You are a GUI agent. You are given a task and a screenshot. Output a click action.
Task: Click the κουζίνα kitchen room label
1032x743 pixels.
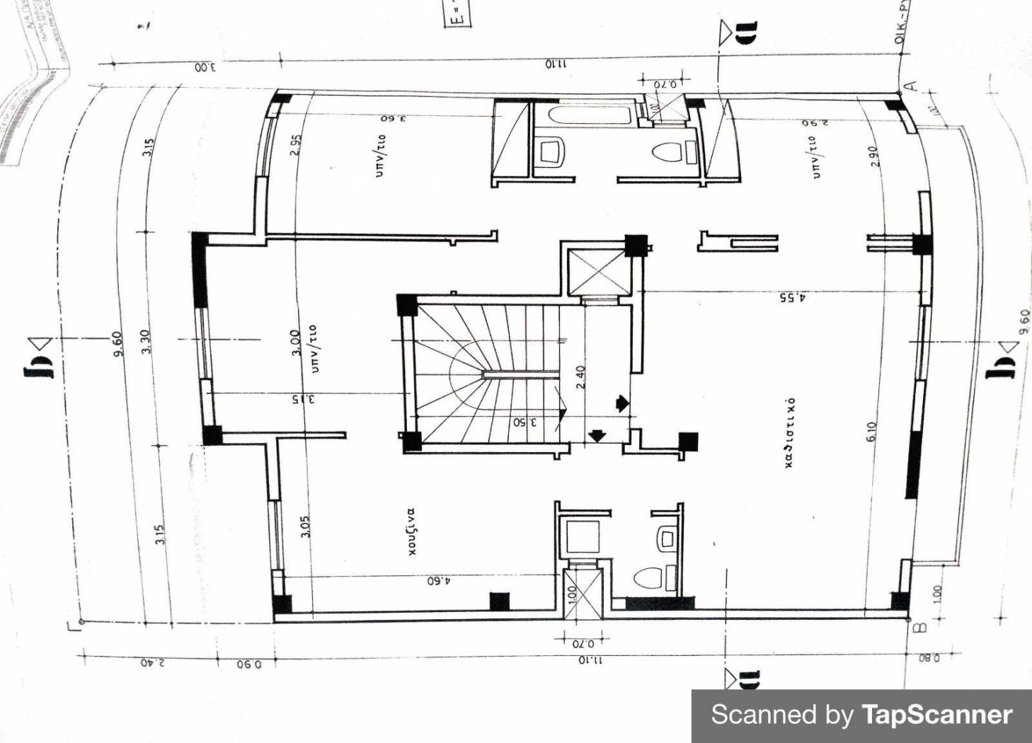click(x=411, y=531)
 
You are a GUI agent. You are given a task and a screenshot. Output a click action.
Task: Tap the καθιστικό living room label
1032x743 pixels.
click(x=790, y=432)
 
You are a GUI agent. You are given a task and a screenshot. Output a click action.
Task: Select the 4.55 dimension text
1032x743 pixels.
click(x=792, y=298)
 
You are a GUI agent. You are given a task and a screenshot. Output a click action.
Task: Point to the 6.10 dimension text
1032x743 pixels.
click(x=871, y=432)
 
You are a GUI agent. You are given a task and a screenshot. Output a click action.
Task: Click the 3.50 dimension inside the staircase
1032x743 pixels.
click(x=524, y=422)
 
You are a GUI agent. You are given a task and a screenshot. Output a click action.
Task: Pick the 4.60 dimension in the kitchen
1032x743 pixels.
click(x=439, y=581)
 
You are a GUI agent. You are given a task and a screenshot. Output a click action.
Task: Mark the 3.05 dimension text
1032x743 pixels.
click(x=305, y=526)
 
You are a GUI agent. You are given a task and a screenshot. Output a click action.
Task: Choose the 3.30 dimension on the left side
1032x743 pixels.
click(x=144, y=342)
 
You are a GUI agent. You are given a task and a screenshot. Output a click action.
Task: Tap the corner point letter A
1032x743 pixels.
click(x=912, y=86)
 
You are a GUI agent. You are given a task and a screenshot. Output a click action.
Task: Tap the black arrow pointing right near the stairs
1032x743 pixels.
click(x=621, y=403)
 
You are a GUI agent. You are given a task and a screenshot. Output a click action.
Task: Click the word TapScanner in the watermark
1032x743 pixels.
click(x=936, y=715)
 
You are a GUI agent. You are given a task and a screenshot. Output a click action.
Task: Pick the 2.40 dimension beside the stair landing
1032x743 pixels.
click(x=580, y=376)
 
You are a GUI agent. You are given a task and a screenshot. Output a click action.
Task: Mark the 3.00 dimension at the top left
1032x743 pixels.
click(x=205, y=68)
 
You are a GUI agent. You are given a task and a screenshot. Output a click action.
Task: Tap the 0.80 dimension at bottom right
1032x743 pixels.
click(x=929, y=658)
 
